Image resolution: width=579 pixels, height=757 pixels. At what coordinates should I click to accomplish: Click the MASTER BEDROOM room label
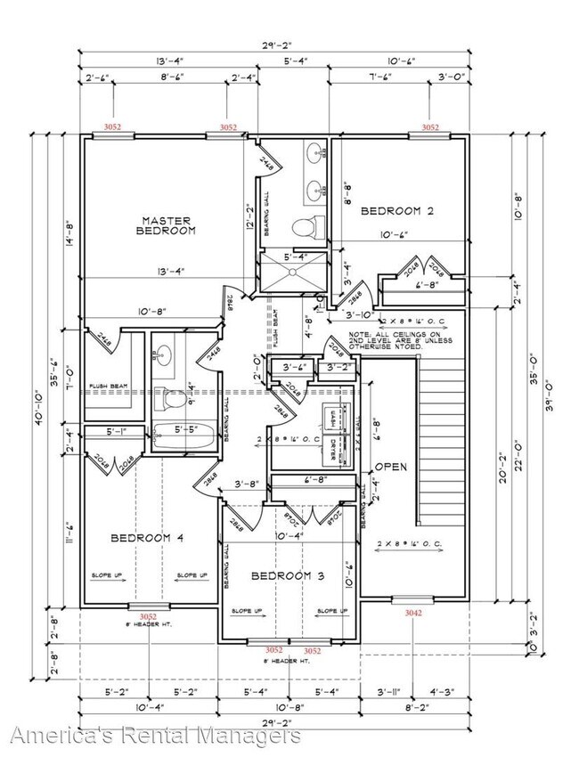tap(167, 224)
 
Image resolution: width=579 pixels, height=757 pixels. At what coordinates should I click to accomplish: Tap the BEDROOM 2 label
tap(396, 211)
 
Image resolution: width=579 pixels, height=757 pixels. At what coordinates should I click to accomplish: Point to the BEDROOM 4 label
tap(148, 537)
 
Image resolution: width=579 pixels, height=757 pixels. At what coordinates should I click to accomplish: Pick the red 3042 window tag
tap(413, 613)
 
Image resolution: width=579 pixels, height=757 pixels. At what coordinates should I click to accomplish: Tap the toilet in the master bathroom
tap(303, 227)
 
